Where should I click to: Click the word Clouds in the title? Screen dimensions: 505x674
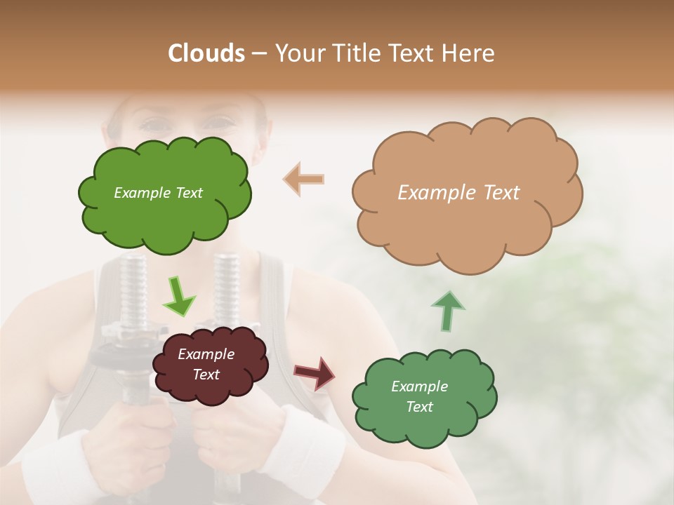click(206, 53)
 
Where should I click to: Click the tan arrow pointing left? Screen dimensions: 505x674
click(304, 179)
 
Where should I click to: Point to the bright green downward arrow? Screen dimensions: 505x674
click(178, 296)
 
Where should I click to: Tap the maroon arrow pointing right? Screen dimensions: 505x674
click(314, 373)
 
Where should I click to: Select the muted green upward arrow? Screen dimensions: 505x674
click(447, 310)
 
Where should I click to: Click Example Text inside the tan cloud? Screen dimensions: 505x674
click(458, 193)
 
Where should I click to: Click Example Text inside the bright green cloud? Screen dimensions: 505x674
click(158, 193)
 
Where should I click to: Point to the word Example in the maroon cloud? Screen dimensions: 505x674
click(206, 354)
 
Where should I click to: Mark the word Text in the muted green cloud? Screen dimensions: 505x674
click(419, 407)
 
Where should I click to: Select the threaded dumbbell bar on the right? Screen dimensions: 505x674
click(226, 288)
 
